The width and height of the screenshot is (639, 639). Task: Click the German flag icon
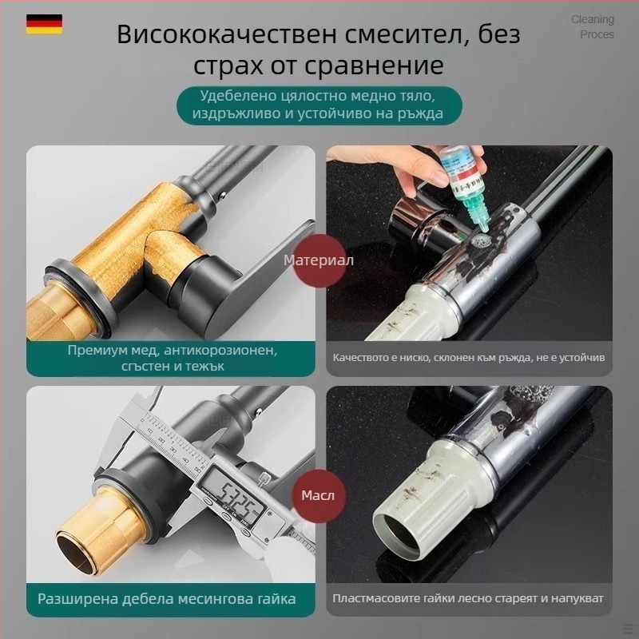tap(45, 24)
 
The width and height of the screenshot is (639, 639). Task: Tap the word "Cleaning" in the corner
tap(592, 19)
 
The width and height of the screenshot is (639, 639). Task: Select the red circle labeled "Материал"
tap(319, 260)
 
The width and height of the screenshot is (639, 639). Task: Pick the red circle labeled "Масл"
tap(318, 495)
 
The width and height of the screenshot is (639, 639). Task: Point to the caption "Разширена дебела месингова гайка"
tap(166, 598)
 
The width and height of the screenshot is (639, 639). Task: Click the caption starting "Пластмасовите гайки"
tap(468, 598)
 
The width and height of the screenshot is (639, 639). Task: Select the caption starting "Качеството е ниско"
tap(469, 357)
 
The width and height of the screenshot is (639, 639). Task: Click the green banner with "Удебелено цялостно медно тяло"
tap(319, 105)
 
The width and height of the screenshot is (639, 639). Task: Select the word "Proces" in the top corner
tap(597, 34)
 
